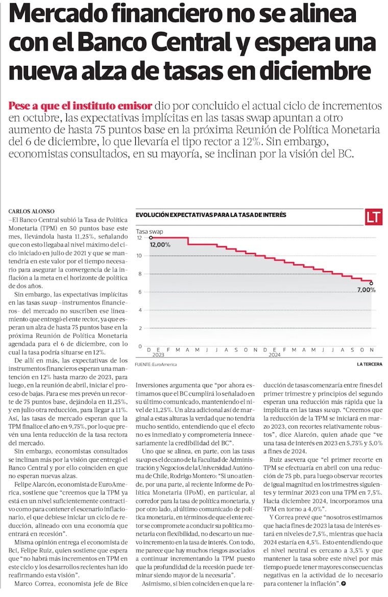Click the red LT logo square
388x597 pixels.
pos(374,217)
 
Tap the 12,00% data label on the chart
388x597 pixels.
pos(160,245)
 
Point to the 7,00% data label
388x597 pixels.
pos(366,290)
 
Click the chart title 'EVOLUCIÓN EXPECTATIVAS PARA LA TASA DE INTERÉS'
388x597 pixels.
pos(211,216)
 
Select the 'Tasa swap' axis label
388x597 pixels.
pos(149,231)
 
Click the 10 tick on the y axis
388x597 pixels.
pos(139,256)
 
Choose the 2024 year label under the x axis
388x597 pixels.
pos(274,355)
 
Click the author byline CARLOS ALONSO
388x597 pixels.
pos(31,211)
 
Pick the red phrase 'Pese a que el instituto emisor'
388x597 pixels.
pos(80,106)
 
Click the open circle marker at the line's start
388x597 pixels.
pos(151,238)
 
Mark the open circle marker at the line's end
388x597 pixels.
pos(371,283)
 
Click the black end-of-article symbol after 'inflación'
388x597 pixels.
pos(345,581)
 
